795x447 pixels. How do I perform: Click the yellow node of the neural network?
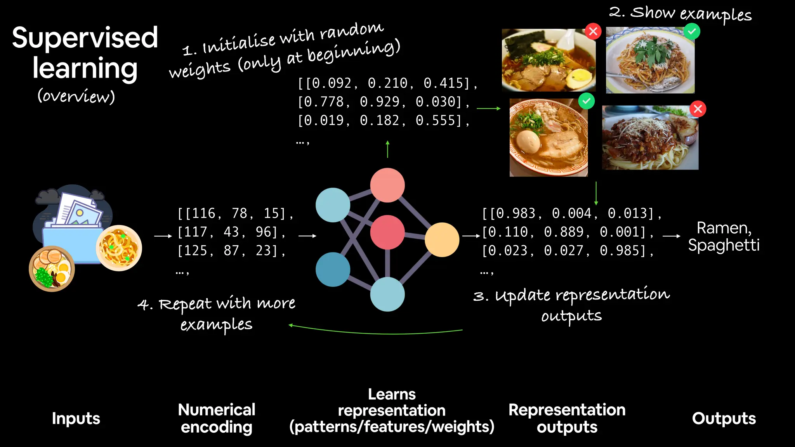click(x=442, y=239)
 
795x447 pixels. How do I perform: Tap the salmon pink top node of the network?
click(x=387, y=185)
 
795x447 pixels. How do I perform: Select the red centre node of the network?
click(x=387, y=232)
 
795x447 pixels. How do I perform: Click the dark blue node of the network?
click(x=333, y=269)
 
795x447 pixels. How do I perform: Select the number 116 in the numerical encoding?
click(x=203, y=213)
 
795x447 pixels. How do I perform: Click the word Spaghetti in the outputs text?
click(x=724, y=245)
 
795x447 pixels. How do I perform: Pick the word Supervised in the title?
click(x=85, y=38)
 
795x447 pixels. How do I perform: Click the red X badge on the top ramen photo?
click(x=593, y=31)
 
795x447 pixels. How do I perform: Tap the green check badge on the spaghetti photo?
click(x=692, y=31)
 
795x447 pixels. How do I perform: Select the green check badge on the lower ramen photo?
click(x=586, y=101)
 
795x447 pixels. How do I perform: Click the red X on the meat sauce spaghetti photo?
click(x=698, y=109)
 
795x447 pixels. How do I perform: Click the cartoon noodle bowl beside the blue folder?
click(x=119, y=248)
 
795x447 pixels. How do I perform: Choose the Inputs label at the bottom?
click(x=76, y=418)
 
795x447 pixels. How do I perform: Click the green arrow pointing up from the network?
click(x=387, y=149)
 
